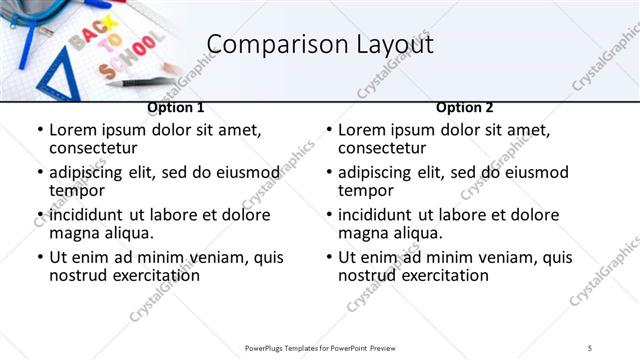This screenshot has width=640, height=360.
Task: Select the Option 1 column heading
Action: click(176, 107)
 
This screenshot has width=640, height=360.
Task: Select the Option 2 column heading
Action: click(465, 107)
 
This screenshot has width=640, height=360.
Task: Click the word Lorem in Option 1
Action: click(72, 130)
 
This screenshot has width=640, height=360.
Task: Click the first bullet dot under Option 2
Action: click(329, 131)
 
